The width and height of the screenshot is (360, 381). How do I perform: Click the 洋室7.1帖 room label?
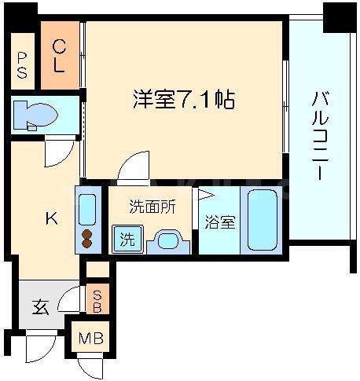[182, 101]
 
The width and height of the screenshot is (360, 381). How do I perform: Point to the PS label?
[21, 65]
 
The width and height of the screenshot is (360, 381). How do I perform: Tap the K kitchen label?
[50, 219]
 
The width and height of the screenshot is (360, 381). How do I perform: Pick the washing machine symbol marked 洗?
[127, 239]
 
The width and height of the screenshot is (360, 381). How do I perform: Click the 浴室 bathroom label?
[219, 222]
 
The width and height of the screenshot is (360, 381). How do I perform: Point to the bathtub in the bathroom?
[262, 219]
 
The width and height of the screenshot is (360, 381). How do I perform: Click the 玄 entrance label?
[41, 306]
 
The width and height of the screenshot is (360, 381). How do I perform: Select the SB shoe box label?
[97, 302]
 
